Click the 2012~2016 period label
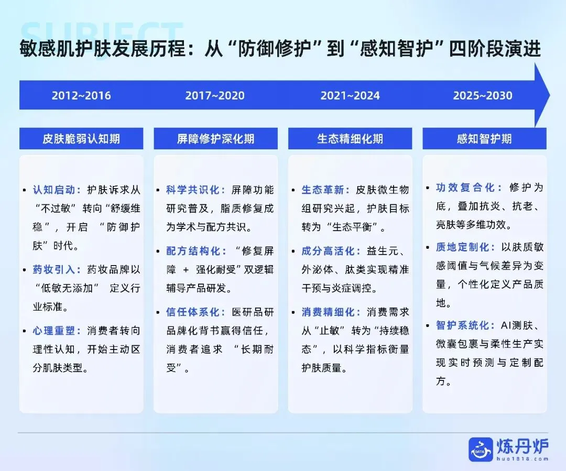pyautogui.click(x=81, y=96)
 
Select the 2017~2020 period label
pyautogui.click(x=215, y=96)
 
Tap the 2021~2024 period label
pyautogui.click(x=350, y=96)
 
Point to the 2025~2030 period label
pyautogui.click(x=483, y=96)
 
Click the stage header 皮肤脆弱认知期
pyautogui.click(x=81, y=139)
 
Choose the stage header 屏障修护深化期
pyautogui.click(x=215, y=139)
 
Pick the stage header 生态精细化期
pyautogui.click(x=350, y=139)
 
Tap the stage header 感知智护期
pyautogui.click(x=484, y=139)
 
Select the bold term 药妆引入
pyautogui.click(x=57, y=270)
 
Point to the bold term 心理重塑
pyautogui.click(x=57, y=331)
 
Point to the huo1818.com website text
pyautogui.click(x=523, y=458)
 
